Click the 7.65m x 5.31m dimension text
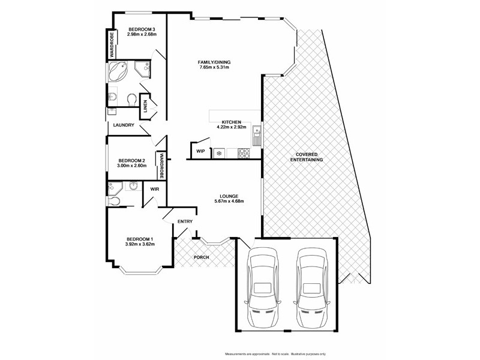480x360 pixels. coord(215,67)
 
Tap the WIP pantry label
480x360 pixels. coord(200,152)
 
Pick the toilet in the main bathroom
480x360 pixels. coord(131,98)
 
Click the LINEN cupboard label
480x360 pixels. coord(145,106)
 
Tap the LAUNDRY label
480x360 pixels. coord(123,125)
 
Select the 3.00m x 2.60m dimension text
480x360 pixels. coord(131,166)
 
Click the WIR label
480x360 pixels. coord(154,189)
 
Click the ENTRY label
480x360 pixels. coord(185,222)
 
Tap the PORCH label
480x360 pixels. coord(202,258)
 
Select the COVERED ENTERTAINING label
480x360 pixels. coord(307,157)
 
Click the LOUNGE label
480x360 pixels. coord(229,196)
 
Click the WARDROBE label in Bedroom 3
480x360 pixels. coord(112,44)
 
